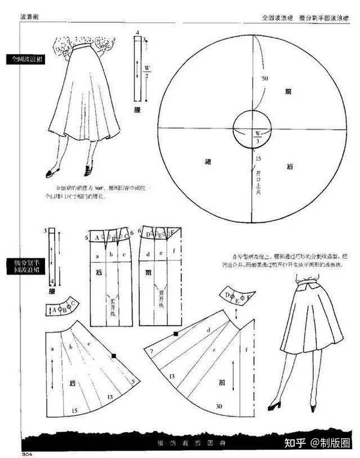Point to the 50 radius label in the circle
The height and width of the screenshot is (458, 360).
(x=264, y=79)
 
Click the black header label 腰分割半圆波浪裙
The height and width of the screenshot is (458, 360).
(x=25, y=267)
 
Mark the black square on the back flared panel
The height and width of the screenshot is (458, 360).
(x=113, y=357)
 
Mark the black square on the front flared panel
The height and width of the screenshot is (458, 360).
(x=176, y=332)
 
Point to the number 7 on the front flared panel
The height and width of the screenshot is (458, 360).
(x=152, y=351)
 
